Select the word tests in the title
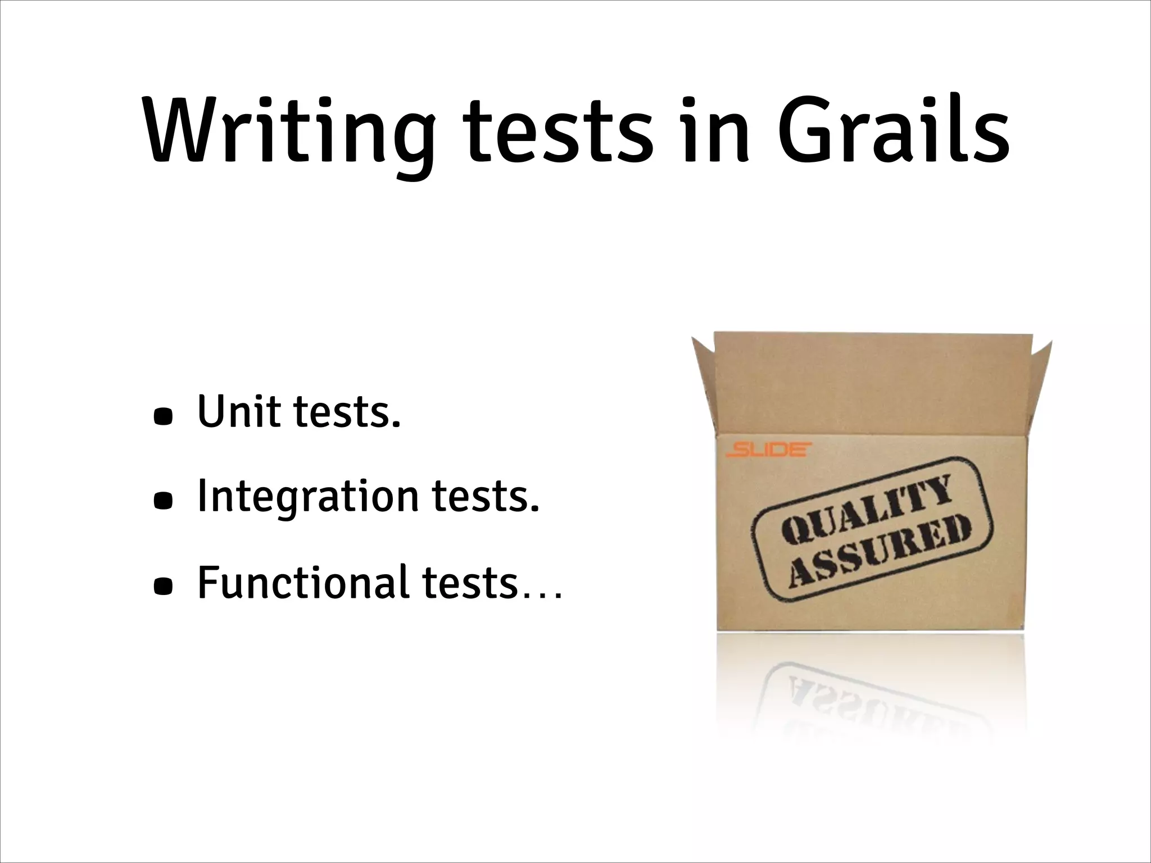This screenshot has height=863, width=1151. point(562,135)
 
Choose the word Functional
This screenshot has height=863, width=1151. point(303,583)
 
